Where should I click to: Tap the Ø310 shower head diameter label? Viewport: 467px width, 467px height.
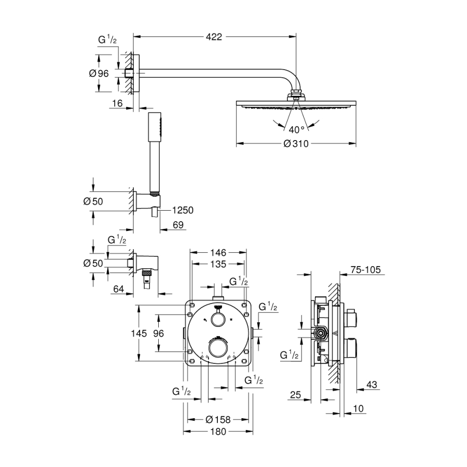[x=296, y=144]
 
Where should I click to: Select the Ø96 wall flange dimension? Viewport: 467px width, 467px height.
[x=99, y=73]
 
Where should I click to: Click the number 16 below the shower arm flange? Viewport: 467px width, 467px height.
[x=117, y=104]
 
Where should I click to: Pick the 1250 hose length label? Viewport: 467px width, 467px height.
[x=183, y=210]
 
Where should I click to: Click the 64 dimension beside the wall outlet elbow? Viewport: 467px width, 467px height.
[x=119, y=289]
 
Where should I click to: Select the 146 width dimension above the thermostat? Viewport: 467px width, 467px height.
[x=218, y=253]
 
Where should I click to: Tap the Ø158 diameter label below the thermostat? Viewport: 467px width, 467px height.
[x=218, y=419]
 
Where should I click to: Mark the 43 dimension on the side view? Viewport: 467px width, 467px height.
[x=371, y=384]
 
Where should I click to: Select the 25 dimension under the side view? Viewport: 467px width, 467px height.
[x=295, y=395]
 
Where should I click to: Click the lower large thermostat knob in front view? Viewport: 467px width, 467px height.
[x=218, y=346]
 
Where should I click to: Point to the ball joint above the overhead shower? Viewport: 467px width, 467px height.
[x=296, y=94]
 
